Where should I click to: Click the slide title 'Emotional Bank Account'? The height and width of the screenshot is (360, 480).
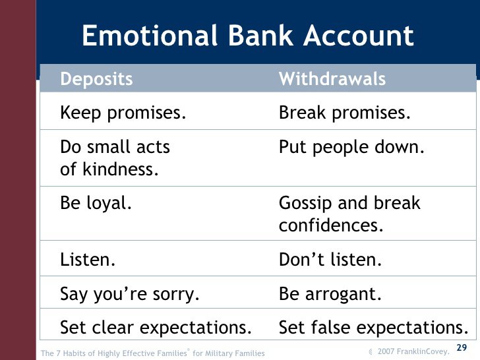tap(247, 36)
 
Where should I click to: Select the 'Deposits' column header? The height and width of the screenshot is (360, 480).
tap(96, 80)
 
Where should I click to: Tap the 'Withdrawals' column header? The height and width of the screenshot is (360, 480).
tap(332, 80)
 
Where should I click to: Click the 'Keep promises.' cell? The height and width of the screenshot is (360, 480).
tap(123, 113)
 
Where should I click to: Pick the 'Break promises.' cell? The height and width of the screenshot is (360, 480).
tap(345, 113)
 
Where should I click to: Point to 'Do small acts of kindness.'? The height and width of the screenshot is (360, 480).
tap(115, 158)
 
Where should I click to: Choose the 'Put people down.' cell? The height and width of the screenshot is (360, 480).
tap(351, 147)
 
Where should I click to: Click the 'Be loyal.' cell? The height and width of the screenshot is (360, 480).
tap(96, 203)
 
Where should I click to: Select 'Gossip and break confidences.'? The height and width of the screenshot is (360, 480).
tap(349, 214)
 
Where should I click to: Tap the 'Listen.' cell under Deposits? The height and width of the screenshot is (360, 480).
tap(88, 259)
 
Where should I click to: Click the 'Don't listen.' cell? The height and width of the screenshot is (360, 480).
tap(330, 259)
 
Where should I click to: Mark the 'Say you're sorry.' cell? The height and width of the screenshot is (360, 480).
tap(129, 293)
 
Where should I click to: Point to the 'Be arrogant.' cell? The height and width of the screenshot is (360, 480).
tap(330, 293)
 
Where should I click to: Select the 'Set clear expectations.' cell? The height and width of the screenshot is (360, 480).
tap(156, 327)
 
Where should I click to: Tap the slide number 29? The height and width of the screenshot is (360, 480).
tap(462, 347)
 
